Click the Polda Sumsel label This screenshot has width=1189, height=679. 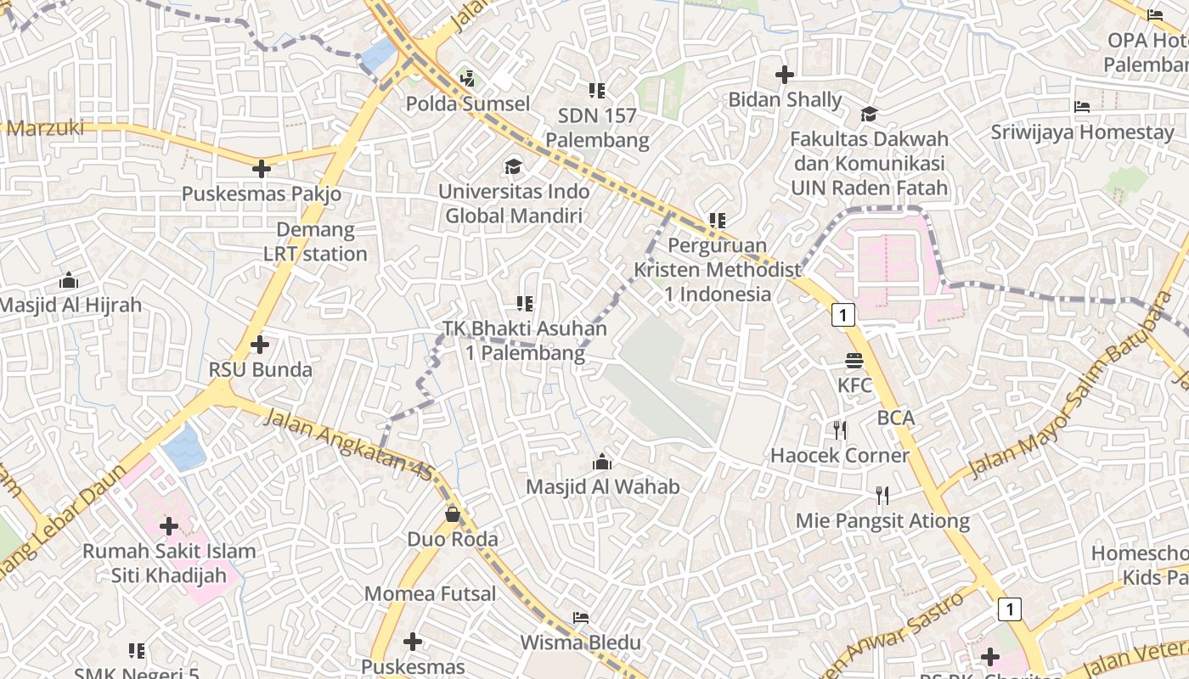(x=467, y=104)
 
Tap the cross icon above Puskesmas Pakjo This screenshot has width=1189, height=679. (x=262, y=169)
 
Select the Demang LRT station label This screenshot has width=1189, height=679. (x=315, y=242)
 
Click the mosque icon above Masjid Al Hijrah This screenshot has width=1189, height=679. (x=69, y=280)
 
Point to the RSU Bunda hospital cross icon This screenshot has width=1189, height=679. (x=260, y=345)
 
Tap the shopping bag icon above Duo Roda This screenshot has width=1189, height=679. (x=453, y=514)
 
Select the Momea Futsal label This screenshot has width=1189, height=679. (x=430, y=594)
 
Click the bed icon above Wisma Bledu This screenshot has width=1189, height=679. (x=581, y=617)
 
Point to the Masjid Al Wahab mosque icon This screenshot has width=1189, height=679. (x=602, y=462)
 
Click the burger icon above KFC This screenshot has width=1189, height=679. (x=854, y=361)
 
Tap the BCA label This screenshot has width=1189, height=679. (x=896, y=418)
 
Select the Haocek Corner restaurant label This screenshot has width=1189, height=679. (x=839, y=456)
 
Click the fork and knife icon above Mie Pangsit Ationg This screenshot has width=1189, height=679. (x=882, y=495)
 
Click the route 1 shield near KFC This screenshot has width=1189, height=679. (x=842, y=315)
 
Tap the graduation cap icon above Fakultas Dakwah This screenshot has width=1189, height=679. (x=869, y=115)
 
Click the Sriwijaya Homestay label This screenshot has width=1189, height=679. (x=1082, y=132)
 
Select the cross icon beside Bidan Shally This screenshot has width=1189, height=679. (x=785, y=75)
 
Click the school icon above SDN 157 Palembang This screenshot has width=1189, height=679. (x=597, y=90)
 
